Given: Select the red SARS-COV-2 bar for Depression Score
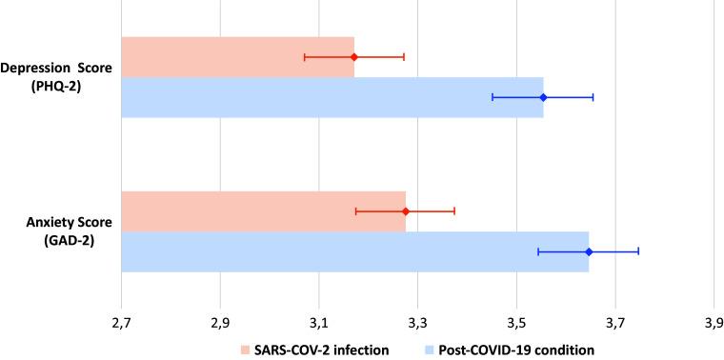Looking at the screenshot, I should click(x=237, y=57).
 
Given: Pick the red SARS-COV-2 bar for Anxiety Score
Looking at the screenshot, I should click(x=263, y=211).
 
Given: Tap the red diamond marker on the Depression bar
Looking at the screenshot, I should click(x=353, y=57).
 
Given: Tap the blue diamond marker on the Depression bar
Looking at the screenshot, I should click(x=543, y=97).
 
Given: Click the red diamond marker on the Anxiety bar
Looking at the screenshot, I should click(x=405, y=211).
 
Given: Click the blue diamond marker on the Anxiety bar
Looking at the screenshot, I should click(x=588, y=251).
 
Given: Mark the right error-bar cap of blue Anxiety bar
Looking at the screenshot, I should click(x=637, y=251).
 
